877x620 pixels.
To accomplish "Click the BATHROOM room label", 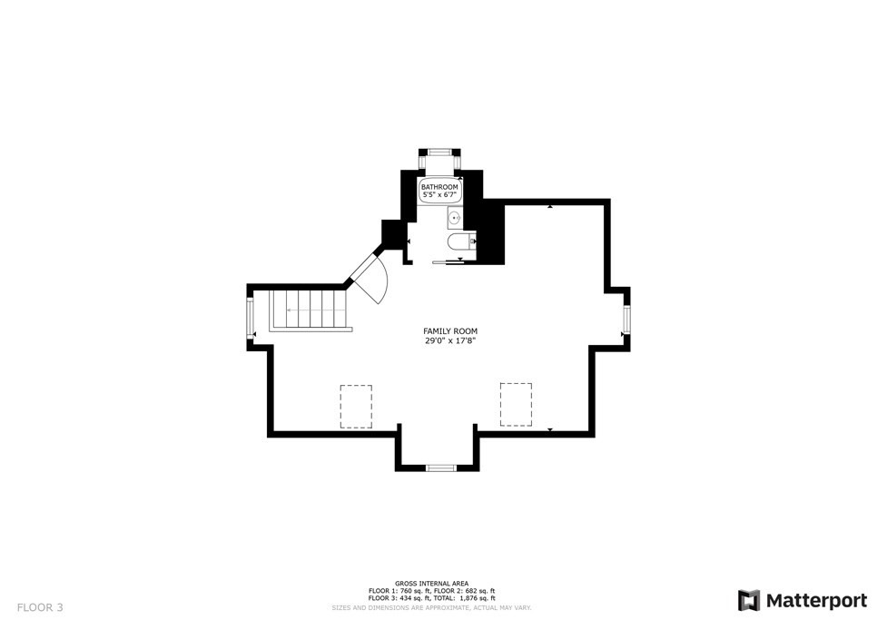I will [439, 187].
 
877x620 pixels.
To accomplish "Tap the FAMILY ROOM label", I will [449, 331].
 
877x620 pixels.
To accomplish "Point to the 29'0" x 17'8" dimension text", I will [449, 341].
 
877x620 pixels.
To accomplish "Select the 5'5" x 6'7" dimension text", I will [439, 195].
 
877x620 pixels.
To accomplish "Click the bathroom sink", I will [454, 218].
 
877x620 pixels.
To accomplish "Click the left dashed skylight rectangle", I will [356, 406].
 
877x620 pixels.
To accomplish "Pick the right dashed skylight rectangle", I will [515, 404].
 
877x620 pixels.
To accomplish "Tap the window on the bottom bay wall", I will [440, 467].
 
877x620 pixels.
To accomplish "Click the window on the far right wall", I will [626, 320].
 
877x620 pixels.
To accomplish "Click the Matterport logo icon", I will [748, 600].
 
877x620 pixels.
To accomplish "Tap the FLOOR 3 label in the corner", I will [39, 607].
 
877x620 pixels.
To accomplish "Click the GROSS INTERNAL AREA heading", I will [431, 583].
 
